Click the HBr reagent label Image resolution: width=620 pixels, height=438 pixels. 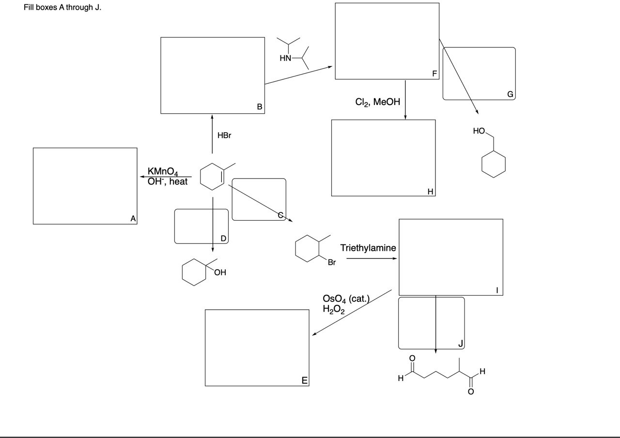(x=224, y=136)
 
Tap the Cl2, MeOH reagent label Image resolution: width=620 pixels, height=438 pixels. (x=378, y=102)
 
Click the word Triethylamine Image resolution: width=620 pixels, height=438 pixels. (x=368, y=248)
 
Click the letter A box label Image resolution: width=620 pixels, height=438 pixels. (x=133, y=219)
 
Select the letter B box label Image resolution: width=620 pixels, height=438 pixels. (x=260, y=107)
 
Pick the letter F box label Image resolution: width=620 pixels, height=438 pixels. (x=434, y=74)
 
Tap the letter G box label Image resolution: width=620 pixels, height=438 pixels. (x=510, y=94)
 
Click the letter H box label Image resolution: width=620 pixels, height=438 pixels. (x=430, y=191)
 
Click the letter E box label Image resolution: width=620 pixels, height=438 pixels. (x=304, y=381)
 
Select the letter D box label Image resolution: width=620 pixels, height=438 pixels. (x=223, y=238)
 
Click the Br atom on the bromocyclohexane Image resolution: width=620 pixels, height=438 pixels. (x=331, y=263)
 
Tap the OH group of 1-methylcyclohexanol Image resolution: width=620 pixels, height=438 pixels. (x=219, y=272)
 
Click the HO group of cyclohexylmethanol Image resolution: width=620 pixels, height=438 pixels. (x=479, y=131)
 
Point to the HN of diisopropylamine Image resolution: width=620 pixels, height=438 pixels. (x=286, y=59)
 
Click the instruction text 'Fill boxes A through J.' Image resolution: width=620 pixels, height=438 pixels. (x=62, y=9)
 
